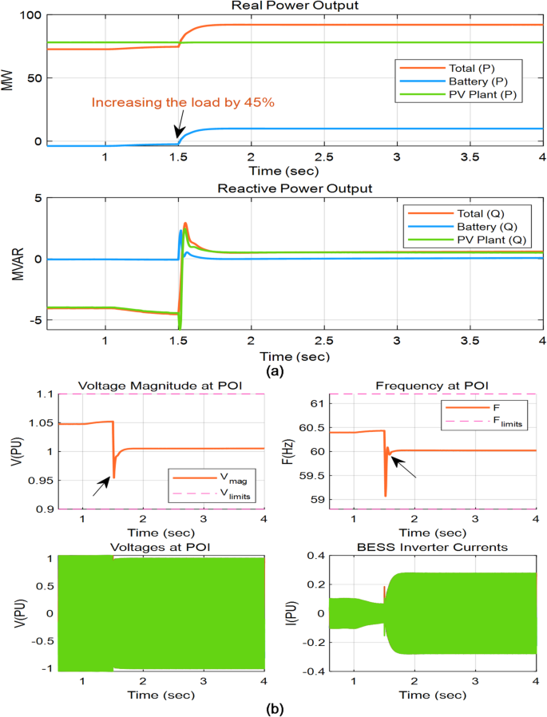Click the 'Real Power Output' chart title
point(294,6)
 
